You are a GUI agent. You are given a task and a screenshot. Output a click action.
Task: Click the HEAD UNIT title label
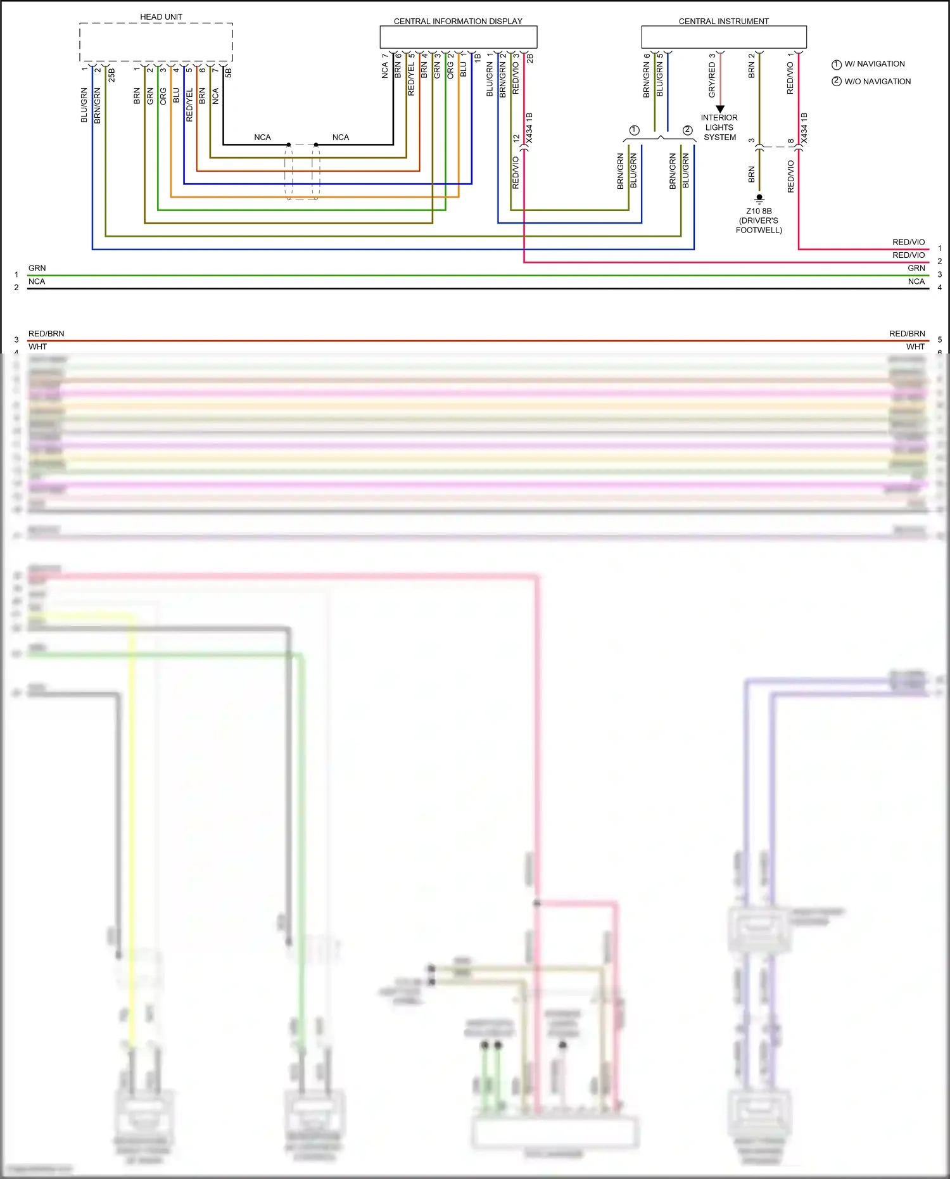(x=161, y=17)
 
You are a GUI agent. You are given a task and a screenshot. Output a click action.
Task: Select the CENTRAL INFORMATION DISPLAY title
(x=458, y=22)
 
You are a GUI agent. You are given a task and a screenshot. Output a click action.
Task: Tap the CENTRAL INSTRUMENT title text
(x=723, y=22)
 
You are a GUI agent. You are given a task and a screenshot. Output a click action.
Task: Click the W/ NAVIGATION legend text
(x=874, y=64)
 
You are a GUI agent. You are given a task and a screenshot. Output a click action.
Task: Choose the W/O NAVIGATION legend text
(x=877, y=82)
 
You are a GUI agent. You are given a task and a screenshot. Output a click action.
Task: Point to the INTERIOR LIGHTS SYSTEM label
(x=719, y=127)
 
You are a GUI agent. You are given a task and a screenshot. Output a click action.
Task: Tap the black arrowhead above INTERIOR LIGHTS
(x=720, y=109)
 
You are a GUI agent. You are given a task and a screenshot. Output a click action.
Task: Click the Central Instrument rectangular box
(x=724, y=37)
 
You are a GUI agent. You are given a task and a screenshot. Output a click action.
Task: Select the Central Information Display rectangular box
(x=459, y=37)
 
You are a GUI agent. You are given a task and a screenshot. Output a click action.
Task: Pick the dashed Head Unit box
(x=156, y=42)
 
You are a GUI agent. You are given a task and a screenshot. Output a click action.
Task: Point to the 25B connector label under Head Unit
(x=112, y=75)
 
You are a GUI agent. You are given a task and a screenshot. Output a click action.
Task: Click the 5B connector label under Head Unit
(x=229, y=73)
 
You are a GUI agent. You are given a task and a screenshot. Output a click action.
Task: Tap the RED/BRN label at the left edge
(x=46, y=334)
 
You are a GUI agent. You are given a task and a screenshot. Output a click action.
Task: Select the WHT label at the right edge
(x=915, y=347)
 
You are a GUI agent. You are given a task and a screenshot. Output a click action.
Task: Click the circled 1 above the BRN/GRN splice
(x=634, y=131)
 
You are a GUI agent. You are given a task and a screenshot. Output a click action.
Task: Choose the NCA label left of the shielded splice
(x=262, y=137)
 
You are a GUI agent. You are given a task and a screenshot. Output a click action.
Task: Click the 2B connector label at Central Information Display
(x=530, y=58)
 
